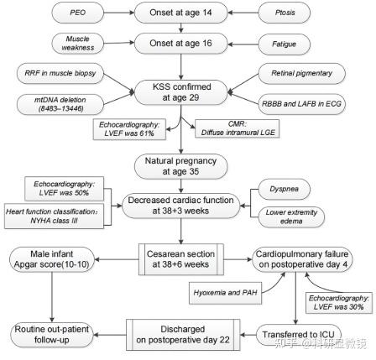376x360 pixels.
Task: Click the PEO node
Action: tap(77, 13)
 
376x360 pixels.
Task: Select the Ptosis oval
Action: tap(285, 13)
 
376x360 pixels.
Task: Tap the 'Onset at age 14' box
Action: tap(180, 13)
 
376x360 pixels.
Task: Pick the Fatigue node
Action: tap(285, 44)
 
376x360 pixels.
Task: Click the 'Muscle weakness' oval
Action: tap(77, 44)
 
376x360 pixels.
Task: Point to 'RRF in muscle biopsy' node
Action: tap(60, 73)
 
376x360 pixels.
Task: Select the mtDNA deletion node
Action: tap(60, 104)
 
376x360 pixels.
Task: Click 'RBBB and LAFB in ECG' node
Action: tap(301, 104)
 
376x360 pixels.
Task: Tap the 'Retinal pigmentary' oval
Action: tap(301, 73)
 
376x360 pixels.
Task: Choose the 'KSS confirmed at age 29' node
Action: tap(180, 92)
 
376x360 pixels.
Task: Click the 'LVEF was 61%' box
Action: tap(129, 129)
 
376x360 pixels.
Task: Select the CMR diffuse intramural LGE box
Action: tap(238, 128)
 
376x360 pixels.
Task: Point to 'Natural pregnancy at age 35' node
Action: tap(180, 166)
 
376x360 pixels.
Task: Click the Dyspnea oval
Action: tap(285, 189)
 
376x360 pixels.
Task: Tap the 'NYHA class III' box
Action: tap(54, 216)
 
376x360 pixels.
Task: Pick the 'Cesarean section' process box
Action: tap(181, 259)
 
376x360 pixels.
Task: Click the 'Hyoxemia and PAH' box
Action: tap(226, 293)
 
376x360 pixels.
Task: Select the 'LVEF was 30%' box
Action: tap(338, 303)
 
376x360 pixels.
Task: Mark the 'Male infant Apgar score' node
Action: tap(52, 259)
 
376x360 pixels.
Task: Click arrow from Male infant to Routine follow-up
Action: tap(52, 297)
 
